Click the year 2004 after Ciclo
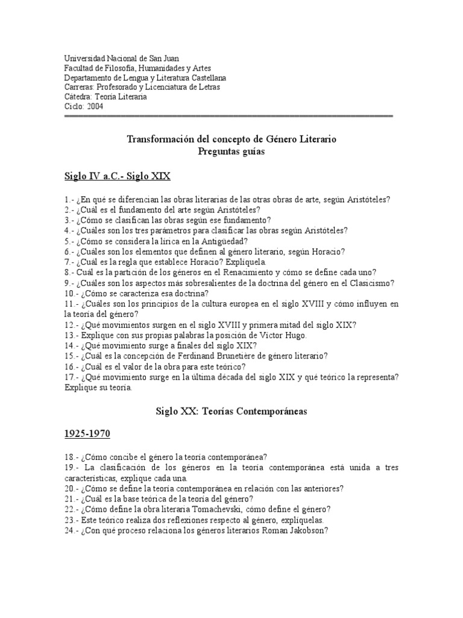(x=94, y=107)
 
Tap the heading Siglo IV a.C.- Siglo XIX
(x=118, y=176)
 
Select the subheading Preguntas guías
(x=231, y=151)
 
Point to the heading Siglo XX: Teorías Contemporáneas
(x=231, y=411)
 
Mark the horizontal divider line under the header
(x=228, y=115)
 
